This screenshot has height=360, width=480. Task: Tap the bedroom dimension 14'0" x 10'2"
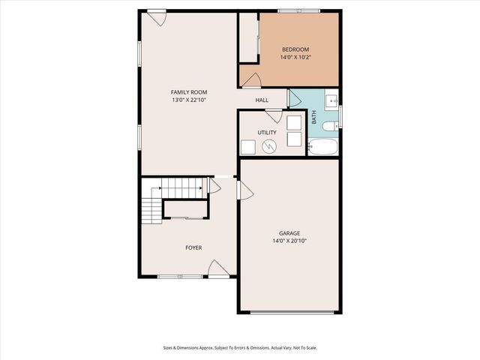click(x=289, y=56)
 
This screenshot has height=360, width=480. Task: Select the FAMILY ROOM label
click(x=189, y=92)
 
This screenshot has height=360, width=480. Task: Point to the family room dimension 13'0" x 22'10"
click(x=189, y=100)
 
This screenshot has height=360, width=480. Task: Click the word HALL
click(x=262, y=100)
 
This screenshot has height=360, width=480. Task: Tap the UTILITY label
click(x=267, y=133)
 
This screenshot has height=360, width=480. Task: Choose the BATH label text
click(x=314, y=118)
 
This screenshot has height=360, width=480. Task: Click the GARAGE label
click(x=289, y=233)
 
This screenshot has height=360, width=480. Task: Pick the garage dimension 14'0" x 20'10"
click(x=289, y=241)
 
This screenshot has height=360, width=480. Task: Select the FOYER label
click(x=193, y=247)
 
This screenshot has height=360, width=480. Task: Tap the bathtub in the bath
click(x=323, y=146)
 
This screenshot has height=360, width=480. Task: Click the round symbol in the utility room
click(x=268, y=148)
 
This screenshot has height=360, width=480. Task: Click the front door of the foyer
click(x=218, y=269)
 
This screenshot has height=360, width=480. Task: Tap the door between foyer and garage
click(x=244, y=191)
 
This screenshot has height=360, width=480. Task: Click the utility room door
click(x=274, y=116)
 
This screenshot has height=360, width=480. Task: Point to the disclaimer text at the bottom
click(x=239, y=347)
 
